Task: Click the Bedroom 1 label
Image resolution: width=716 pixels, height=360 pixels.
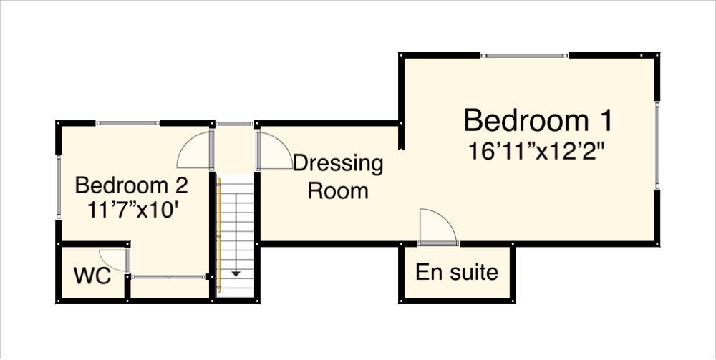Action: coord(538,120)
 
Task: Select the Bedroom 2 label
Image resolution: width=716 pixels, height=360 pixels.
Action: coord(132,185)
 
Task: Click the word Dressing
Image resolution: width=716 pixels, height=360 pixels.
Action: coord(338,163)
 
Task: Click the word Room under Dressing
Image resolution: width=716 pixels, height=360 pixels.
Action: coord(338,191)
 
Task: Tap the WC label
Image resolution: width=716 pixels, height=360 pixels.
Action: coord(92,276)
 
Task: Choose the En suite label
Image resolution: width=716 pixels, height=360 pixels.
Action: coord(457,273)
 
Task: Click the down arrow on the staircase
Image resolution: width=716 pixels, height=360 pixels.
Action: coord(235,271)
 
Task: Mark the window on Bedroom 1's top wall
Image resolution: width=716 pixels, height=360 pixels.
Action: coord(524,55)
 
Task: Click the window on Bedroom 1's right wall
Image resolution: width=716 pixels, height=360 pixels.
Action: coord(657,145)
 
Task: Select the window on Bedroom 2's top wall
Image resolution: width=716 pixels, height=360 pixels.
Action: coord(128,123)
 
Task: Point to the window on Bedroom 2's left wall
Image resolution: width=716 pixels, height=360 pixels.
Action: coord(59,186)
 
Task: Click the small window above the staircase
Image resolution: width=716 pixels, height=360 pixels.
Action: coord(234,124)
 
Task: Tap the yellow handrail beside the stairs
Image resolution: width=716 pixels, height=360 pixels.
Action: coord(219,236)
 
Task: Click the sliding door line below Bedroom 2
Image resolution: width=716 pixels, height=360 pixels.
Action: coord(169,276)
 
